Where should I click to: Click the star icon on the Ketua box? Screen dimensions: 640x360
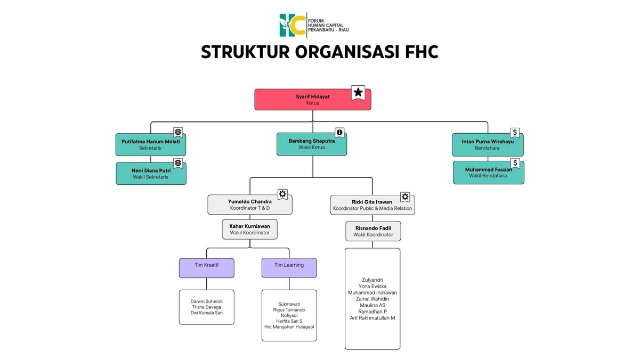click(358, 93)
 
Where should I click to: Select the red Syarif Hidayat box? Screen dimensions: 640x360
click(313, 100)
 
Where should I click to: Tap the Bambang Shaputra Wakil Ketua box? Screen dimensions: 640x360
click(312, 144)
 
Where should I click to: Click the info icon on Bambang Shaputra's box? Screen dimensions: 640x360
click(339, 133)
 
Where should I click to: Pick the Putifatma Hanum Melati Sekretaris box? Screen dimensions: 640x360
click(151, 144)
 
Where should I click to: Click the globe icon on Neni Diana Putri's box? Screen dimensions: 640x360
click(178, 163)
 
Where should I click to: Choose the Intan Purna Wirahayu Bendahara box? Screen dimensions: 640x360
click(488, 145)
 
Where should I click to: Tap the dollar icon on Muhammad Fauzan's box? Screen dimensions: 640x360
click(515, 163)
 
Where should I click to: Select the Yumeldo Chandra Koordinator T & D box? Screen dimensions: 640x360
click(250, 204)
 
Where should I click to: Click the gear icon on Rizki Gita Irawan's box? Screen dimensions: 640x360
click(405, 197)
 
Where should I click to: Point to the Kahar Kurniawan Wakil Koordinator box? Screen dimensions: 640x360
click(250, 229)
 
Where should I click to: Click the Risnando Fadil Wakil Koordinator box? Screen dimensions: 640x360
click(373, 231)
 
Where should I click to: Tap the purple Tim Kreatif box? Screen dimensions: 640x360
click(207, 268)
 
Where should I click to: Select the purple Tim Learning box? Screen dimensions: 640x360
click(289, 268)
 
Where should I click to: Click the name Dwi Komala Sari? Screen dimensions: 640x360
click(207, 313)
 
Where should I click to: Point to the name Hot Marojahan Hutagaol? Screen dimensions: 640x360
click(289, 327)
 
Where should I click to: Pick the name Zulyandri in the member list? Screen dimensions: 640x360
click(372, 280)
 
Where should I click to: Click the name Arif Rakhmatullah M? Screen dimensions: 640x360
click(372, 318)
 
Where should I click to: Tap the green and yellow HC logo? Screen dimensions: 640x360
click(292, 25)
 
